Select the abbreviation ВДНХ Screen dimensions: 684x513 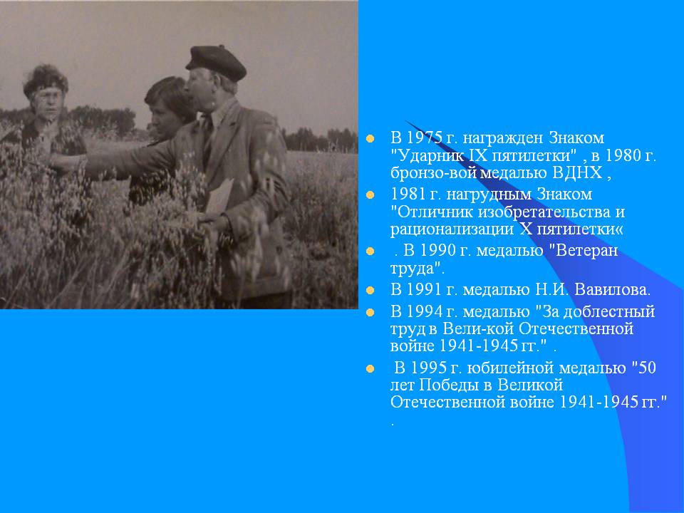click(577, 172)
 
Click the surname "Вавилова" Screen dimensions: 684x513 click(611, 290)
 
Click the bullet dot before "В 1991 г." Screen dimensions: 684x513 click(370, 290)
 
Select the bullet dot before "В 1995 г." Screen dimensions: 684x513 click(370, 369)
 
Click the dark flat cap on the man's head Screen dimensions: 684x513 click(216, 63)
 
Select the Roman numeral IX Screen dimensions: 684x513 click(478, 155)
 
